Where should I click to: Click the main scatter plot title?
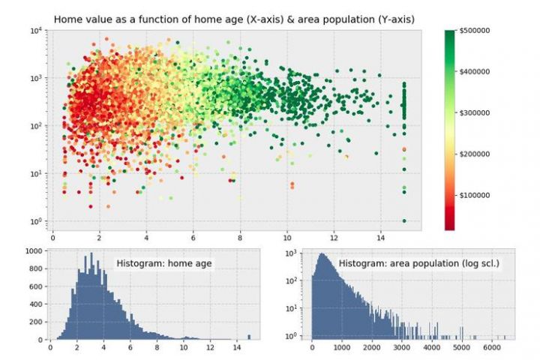pyautogui.click(x=234, y=18)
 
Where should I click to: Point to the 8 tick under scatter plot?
pyautogui.click(x=240, y=238)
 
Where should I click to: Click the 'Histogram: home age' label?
pyautogui.click(x=164, y=264)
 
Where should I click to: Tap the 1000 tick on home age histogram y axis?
pyautogui.click(x=32, y=252)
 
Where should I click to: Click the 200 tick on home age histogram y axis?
pyautogui.click(x=34, y=322)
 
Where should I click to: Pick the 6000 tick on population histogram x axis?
pyautogui.click(x=490, y=348)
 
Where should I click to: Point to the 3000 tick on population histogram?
pyautogui.click(x=401, y=348)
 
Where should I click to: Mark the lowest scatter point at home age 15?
pyautogui.click(x=404, y=220)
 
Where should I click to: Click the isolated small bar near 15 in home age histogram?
pyautogui.click(x=250, y=337)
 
